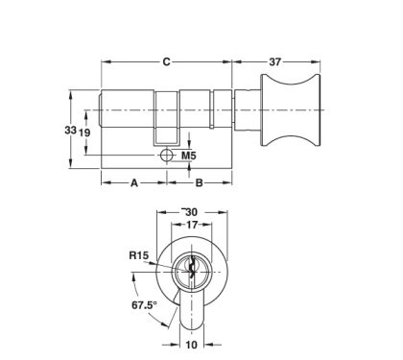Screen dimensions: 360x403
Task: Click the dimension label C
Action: (x=166, y=61)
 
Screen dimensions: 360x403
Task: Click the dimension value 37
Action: (x=275, y=61)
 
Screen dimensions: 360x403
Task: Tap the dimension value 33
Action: (x=70, y=131)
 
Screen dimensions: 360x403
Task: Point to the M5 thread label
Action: (x=189, y=155)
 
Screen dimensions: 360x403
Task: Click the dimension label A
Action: (x=133, y=180)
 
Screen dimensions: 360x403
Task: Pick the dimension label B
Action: (x=199, y=180)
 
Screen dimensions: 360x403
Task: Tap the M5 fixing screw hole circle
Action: (x=166, y=155)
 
